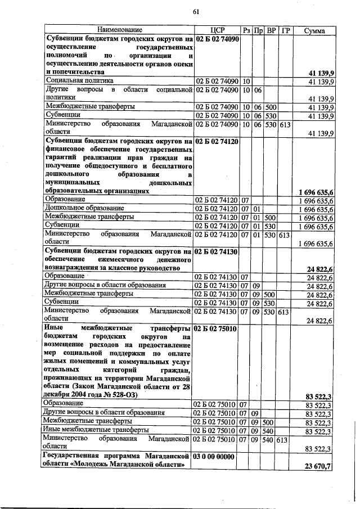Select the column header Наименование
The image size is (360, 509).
(119, 29)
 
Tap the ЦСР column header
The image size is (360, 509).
(217, 29)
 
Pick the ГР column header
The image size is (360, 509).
(285, 29)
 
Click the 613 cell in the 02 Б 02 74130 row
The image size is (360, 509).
(283, 312)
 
